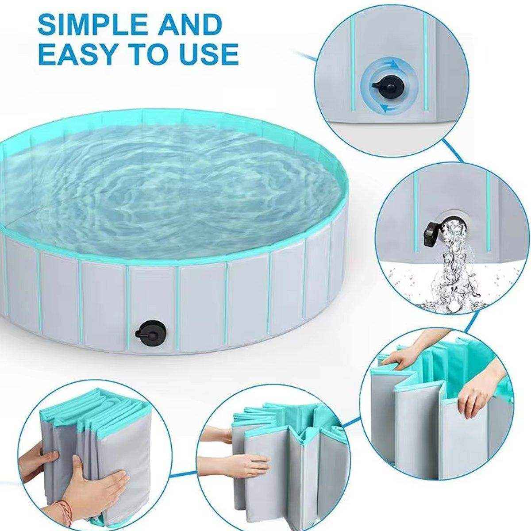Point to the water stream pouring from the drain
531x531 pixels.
(451, 261)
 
